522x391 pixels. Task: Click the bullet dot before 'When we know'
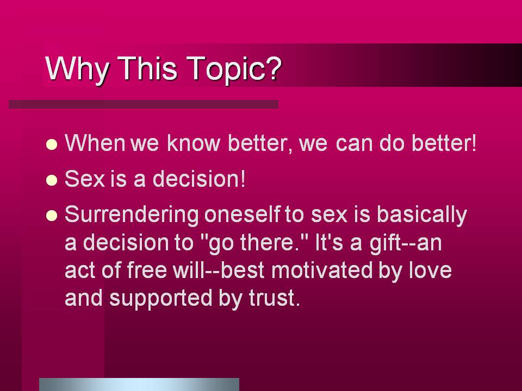coord(52,144)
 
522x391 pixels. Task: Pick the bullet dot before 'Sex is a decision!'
coord(52,180)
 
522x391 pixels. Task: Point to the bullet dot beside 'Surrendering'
coord(52,216)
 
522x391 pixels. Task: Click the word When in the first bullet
coord(95,143)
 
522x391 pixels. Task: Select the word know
coord(193,143)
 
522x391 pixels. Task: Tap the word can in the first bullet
coord(353,143)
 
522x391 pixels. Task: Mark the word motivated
coord(322,270)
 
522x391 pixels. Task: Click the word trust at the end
coord(274,298)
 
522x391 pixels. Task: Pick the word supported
coord(161,299)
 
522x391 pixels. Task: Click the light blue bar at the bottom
coord(139,384)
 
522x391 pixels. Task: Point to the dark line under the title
coord(144,104)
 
